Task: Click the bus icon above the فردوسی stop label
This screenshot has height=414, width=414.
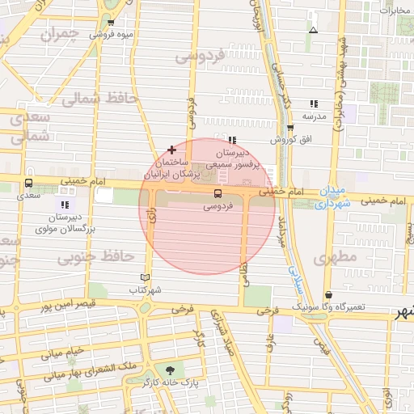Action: coord(217,194)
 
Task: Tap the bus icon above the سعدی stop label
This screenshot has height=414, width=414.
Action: coord(29,183)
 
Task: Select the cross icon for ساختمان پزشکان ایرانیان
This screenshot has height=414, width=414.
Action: coord(171,150)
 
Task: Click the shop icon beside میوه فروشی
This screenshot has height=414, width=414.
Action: coord(111,23)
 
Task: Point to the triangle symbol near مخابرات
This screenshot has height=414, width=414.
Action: coord(313,31)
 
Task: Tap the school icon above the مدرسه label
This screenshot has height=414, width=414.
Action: coord(314,103)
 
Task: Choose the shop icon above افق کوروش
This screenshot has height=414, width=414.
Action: coord(290,128)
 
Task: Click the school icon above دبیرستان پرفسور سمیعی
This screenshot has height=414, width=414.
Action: coord(233,140)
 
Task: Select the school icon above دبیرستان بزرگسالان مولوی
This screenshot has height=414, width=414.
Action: coord(65,205)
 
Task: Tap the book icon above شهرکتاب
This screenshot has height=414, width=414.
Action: coord(146,277)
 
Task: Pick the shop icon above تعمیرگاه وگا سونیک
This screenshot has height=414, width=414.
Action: coord(328,295)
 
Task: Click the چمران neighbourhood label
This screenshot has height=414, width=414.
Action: coord(64,33)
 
